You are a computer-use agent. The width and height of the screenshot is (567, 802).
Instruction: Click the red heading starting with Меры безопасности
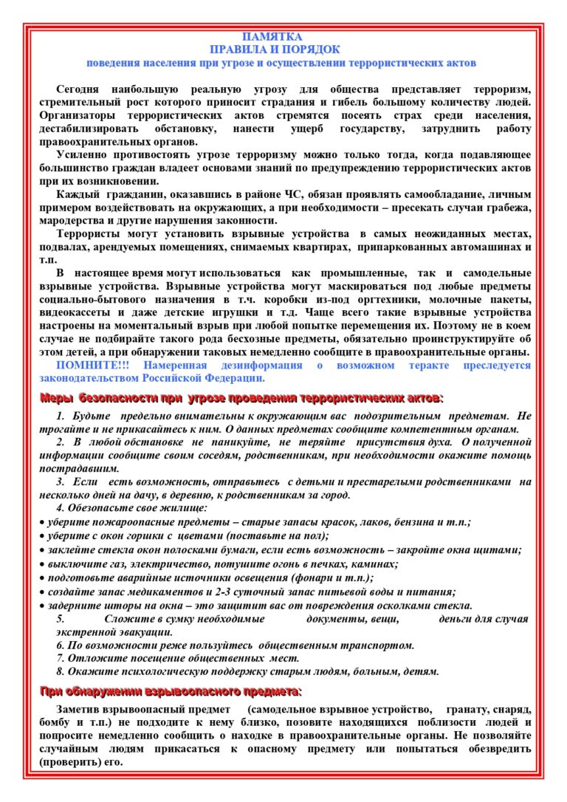[x=241, y=399]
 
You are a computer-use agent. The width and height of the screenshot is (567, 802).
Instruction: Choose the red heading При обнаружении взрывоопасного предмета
[x=171, y=691]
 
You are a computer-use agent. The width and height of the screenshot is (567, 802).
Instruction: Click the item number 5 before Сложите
[x=60, y=619]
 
